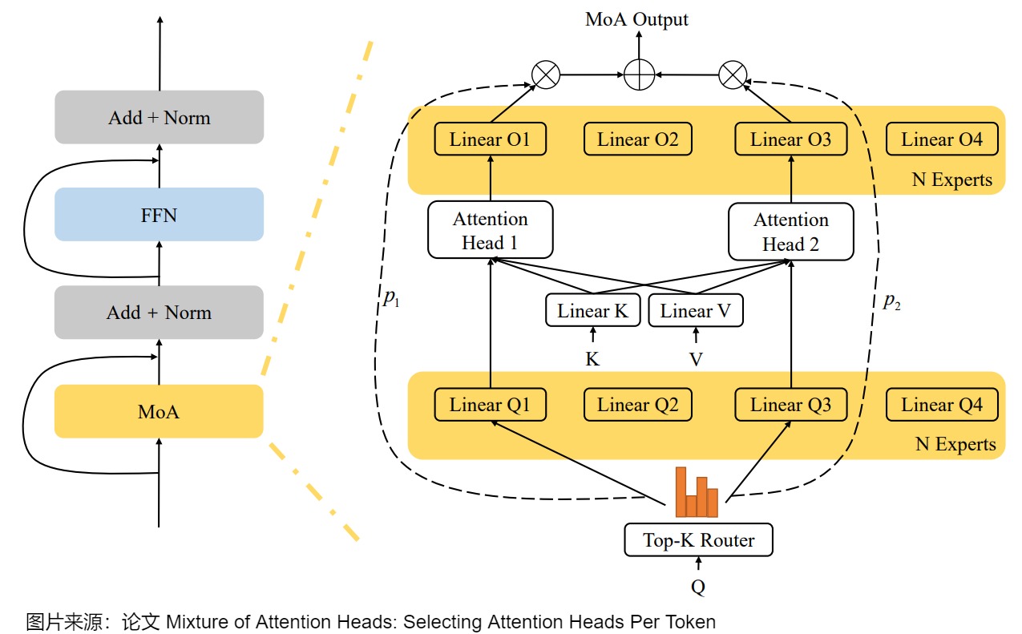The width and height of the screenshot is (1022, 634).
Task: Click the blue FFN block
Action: [159, 215]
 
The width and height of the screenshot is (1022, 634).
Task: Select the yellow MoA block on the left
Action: [159, 412]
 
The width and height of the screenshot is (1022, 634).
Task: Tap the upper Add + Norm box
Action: [159, 118]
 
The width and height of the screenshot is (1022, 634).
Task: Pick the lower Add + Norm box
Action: [159, 313]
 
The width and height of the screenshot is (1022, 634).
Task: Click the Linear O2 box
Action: [637, 140]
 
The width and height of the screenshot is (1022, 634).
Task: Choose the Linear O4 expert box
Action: [941, 140]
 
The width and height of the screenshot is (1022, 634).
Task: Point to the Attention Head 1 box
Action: [490, 231]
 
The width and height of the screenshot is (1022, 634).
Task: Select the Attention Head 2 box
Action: [790, 232]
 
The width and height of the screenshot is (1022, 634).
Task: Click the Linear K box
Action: [592, 311]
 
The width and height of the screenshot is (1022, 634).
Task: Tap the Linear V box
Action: [695, 311]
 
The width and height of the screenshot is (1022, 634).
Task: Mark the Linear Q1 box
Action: [490, 405]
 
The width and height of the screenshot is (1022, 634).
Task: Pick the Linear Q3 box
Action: [790, 405]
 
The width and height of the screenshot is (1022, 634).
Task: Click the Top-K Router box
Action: [698, 540]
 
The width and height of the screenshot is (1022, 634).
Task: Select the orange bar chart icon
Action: [697, 492]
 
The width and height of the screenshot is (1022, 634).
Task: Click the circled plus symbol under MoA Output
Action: [639, 75]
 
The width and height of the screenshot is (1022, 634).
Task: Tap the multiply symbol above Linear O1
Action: [546, 75]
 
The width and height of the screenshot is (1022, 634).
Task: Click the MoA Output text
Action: [636, 19]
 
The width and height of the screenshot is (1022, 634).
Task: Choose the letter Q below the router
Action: [698, 588]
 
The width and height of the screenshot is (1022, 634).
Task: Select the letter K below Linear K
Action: [592, 359]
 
